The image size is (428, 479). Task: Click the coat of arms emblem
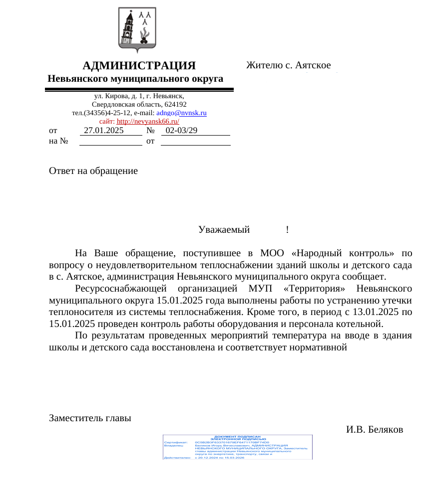[137, 29]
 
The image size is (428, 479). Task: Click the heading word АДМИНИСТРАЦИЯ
[139, 66]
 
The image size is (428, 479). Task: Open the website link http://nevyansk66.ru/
[148, 122]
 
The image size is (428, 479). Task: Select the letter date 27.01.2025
[103, 131]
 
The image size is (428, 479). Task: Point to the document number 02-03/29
[181, 131]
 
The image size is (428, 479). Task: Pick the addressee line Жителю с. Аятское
[288, 65]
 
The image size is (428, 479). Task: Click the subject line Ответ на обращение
[93, 171]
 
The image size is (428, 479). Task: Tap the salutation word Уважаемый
[224, 230]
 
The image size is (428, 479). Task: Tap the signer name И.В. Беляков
[375, 429]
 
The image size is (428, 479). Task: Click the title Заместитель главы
[90, 418]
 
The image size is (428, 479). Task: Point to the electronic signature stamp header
[238, 438]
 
